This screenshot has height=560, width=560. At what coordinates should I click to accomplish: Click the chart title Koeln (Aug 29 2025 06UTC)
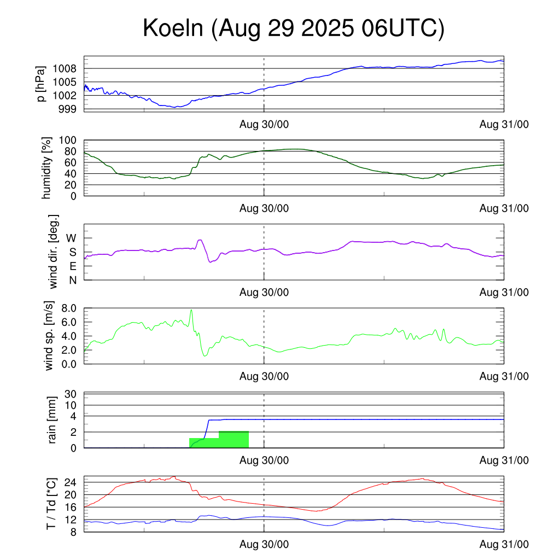click(294, 28)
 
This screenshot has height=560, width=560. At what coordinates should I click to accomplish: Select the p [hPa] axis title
click(40, 84)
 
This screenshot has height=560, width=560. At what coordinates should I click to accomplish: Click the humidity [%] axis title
click(48, 168)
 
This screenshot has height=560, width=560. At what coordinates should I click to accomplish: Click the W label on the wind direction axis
click(71, 238)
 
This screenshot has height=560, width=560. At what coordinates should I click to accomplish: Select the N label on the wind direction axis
click(72, 280)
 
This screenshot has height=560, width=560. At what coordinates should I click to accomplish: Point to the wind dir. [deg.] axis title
click(54, 252)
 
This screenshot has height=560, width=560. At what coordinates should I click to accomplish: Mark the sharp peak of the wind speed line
click(191, 310)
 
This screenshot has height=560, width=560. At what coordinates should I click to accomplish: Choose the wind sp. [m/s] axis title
click(50, 335)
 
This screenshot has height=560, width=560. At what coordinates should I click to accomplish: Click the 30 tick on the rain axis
click(71, 394)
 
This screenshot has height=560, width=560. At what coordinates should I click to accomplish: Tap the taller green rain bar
click(234, 440)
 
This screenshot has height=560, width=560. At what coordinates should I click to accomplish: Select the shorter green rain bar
click(204, 443)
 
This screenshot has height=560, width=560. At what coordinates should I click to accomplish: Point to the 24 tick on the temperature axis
click(71, 482)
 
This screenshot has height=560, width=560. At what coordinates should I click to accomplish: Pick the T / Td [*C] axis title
click(51, 503)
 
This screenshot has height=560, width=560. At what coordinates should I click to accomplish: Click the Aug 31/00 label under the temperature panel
click(504, 545)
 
